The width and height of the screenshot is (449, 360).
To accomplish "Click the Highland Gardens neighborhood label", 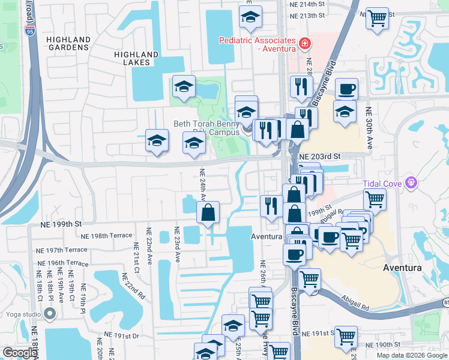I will coord(68,44).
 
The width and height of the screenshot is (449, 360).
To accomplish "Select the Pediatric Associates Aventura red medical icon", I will coord(305,43).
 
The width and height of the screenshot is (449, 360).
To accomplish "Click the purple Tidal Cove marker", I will coord(411,182).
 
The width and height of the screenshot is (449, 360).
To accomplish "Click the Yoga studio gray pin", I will coord(52,314).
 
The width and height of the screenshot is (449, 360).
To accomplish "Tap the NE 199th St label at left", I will coord(61,224).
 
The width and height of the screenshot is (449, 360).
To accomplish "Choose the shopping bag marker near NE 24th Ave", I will coord(208,212).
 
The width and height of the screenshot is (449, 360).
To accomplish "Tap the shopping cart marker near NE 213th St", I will coord(377,18).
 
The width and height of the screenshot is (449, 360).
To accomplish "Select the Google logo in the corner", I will coord(19,352).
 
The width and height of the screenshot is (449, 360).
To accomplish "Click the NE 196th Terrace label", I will coord(62,263).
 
